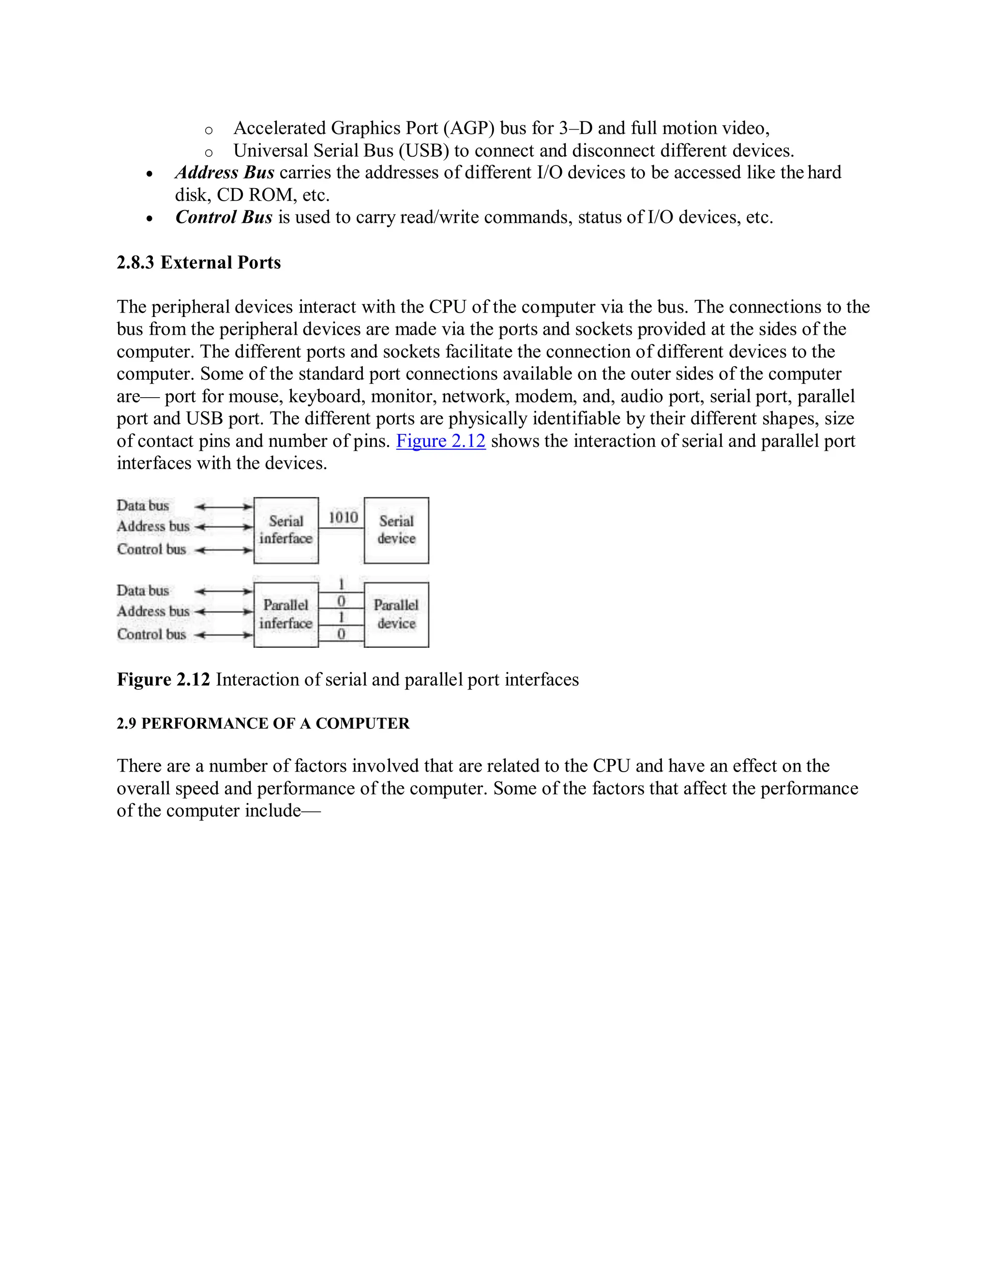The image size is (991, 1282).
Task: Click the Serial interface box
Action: [x=286, y=530]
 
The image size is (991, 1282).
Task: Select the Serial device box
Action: [x=396, y=530]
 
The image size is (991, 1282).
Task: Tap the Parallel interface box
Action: [x=286, y=614]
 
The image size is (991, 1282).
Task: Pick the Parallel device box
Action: [x=396, y=614]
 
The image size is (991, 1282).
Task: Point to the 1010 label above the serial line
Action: [x=343, y=517]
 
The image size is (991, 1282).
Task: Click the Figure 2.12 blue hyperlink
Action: [x=441, y=441]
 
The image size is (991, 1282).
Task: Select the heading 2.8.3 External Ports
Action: [x=198, y=262]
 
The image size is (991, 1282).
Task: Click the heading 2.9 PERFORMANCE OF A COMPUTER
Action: [x=263, y=723]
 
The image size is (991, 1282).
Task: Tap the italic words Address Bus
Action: [x=225, y=173]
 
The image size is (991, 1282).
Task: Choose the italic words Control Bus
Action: [x=224, y=217]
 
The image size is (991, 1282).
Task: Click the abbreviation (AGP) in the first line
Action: [x=469, y=128]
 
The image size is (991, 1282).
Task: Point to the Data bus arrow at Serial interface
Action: [x=224, y=507]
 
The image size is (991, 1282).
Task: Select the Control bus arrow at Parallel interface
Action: [x=224, y=635]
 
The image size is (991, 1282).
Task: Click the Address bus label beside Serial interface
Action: [x=152, y=526]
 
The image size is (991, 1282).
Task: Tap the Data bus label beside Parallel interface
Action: [x=143, y=591]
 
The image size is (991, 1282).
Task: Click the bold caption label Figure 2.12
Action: [x=163, y=679]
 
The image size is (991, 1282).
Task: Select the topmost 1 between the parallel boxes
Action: [x=341, y=585]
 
